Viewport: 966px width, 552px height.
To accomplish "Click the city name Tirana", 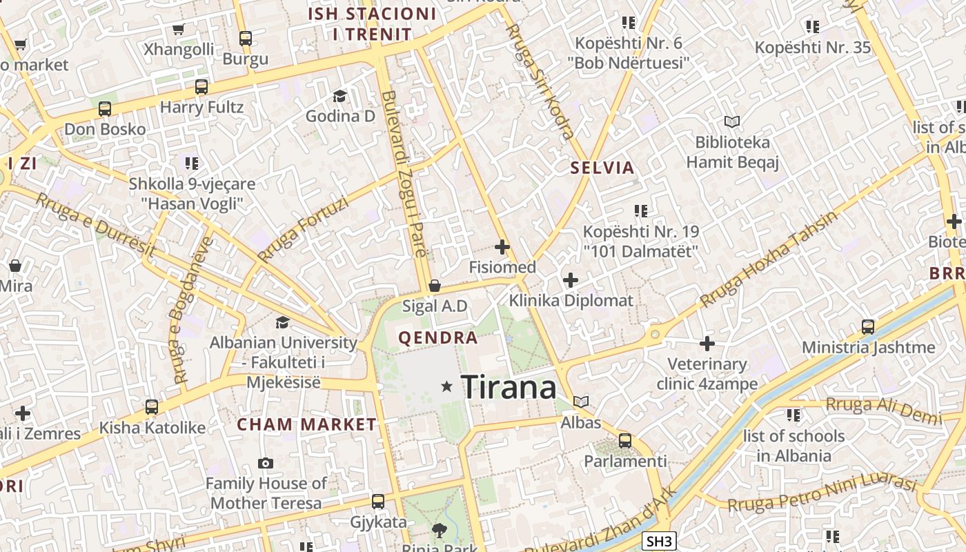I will pos(509,387).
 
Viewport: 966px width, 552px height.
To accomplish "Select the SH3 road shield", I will pos(658,542).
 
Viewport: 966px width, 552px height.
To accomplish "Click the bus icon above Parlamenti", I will pos(625,440).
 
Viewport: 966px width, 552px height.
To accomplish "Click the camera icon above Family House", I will pos(266,463).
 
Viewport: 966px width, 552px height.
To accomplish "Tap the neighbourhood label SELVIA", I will pos(602,168).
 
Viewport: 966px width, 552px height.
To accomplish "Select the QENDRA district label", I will pos(438,338).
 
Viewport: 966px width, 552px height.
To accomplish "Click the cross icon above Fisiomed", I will pos(502,246).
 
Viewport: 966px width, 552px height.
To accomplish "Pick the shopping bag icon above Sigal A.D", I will pos(435,286).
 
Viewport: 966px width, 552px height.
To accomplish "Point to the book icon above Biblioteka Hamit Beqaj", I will pos(732,122).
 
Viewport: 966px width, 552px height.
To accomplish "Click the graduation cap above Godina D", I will pos(339,95).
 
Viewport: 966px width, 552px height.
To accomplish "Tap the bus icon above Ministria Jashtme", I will pos(868,326).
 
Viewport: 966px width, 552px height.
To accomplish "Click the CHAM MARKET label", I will pos(307,425).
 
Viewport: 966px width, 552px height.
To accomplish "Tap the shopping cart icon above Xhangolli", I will pos(179,29).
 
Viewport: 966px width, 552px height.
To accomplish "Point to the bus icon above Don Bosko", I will pos(105,109).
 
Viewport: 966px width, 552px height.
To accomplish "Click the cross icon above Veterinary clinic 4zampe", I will pos(707,343).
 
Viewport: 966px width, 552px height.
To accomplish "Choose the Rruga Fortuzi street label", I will pos(303,230).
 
